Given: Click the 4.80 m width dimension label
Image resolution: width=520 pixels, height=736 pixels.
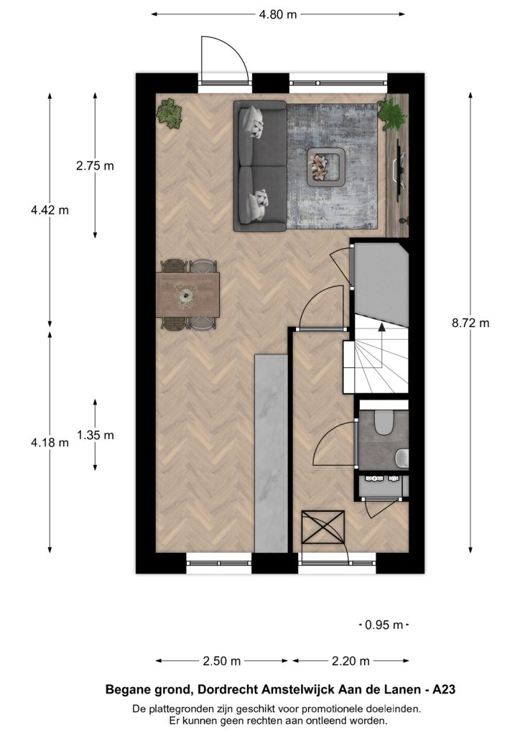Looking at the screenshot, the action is click(277, 14).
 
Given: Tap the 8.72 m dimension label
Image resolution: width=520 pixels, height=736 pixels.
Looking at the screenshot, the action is click(470, 323).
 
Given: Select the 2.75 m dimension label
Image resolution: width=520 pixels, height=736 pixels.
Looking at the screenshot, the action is click(96, 166).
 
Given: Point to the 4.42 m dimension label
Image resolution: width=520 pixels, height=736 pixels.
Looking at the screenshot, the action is click(50, 210).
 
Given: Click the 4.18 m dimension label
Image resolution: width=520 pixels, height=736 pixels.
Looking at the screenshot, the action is click(50, 442).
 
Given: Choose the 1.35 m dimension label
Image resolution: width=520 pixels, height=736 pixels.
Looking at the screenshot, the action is click(96, 435).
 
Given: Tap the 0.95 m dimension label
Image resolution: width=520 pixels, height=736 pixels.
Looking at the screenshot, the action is click(384, 625).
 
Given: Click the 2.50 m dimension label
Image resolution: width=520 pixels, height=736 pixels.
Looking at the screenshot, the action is click(222, 661).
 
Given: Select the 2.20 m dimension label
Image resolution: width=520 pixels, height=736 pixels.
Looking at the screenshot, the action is click(350, 661).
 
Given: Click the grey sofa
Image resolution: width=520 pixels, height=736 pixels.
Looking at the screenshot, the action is click(260, 166).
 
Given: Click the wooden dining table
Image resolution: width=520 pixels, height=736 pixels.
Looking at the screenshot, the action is click(188, 295).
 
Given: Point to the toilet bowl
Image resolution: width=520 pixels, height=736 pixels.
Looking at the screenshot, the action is click(384, 422).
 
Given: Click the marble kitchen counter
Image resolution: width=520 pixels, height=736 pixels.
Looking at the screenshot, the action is click(271, 454).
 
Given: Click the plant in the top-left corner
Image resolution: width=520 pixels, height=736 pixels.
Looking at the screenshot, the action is click(170, 113).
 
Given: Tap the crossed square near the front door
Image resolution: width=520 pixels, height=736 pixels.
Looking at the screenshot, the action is click(323, 527).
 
